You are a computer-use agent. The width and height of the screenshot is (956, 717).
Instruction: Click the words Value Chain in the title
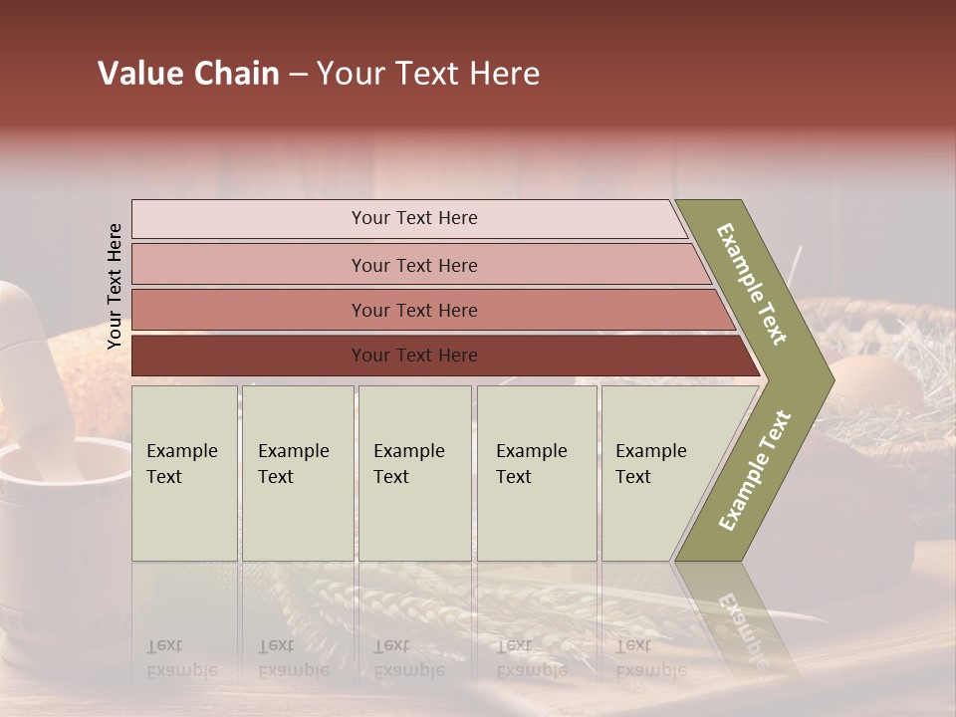click(x=188, y=74)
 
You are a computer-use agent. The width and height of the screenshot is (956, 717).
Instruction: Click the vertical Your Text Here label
click(x=115, y=286)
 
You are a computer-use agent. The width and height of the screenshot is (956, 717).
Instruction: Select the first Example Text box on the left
click(x=184, y=473)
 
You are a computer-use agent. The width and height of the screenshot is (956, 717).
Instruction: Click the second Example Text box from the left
click(x=297, y=473)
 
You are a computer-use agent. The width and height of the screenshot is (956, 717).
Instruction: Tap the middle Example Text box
click(x=414, y=473)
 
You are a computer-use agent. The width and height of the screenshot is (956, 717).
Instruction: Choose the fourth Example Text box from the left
click(x=537, y=473)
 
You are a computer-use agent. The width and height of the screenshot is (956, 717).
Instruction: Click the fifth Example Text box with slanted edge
click(x=657, y=473)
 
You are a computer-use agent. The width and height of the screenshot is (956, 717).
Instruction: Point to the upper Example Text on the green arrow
click(x=753, y=284)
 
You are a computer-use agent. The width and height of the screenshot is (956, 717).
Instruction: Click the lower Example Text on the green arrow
click(x=755, y=471)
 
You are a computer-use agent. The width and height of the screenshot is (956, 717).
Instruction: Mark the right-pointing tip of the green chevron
click(x=831, y=380)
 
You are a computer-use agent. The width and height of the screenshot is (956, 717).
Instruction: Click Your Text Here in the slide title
click(x=428, y=74)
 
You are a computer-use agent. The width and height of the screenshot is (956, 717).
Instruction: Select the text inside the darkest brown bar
click(x=414, y=356)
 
